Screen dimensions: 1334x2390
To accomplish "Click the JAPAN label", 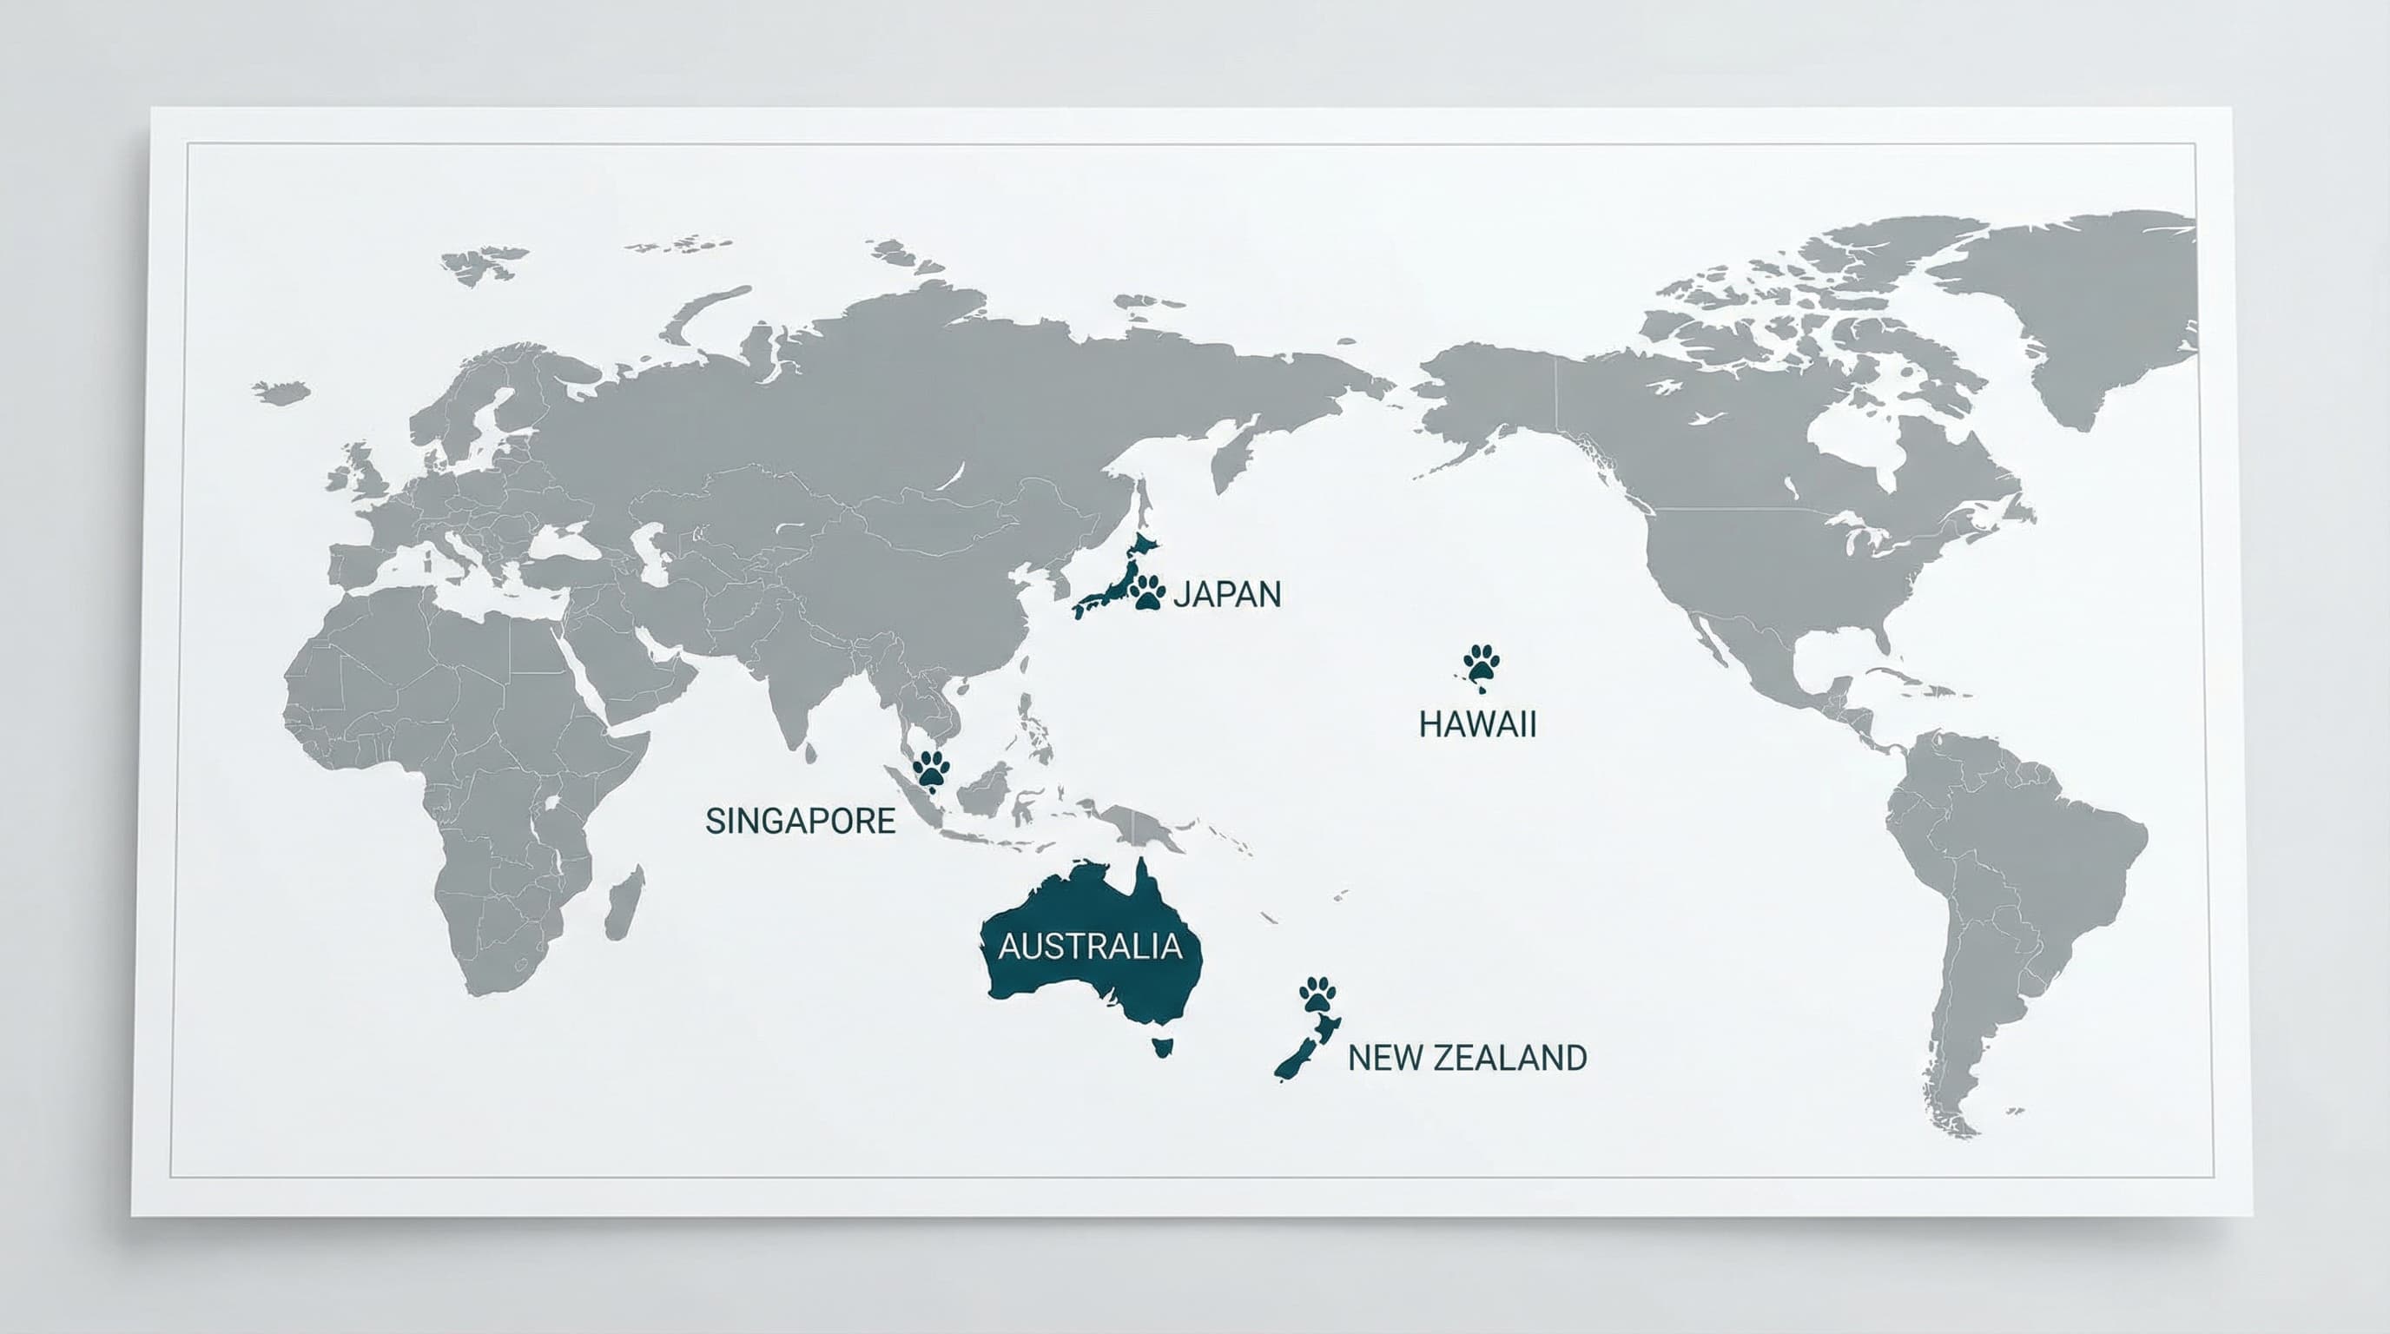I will [1226, 594].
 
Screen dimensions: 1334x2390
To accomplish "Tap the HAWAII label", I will [1477, 724].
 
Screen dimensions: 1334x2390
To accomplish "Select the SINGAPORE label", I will [800, 821].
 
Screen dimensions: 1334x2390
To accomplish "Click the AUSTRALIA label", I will [1090, 947].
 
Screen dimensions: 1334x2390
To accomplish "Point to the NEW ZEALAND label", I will [1467, 1058].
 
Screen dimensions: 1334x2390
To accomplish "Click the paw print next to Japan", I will [1149, 591].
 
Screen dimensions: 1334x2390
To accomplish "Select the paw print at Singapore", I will [932, 768].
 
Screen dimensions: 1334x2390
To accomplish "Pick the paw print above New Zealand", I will [1318, 994].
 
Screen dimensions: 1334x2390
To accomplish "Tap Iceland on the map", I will [281, 392].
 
